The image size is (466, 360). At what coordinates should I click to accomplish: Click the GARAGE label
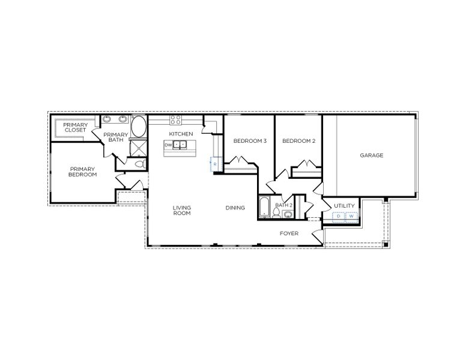[371, 155]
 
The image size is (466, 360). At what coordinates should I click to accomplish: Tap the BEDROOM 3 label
[250, 141]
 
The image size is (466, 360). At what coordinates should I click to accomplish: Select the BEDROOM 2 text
[298, 141]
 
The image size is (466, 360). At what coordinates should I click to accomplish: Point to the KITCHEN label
[181, 133]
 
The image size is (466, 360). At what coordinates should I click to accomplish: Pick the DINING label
[235, 208]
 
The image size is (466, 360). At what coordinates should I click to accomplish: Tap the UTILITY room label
[345, 206]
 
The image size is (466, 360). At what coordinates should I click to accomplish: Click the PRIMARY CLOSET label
[76, 127]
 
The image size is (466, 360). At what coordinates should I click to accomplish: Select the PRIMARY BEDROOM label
[82, 172]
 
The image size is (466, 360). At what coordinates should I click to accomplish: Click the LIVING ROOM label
[181, 211]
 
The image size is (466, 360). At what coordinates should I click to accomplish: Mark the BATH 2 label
[283, 205]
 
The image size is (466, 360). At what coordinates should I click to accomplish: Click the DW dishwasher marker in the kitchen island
[169, 145]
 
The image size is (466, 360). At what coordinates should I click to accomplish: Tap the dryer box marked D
[338, 217]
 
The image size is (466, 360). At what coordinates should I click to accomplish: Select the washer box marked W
[351, 217]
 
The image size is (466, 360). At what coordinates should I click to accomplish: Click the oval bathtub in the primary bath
[138, 128]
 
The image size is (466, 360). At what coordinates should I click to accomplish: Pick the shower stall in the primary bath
[138, 148]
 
